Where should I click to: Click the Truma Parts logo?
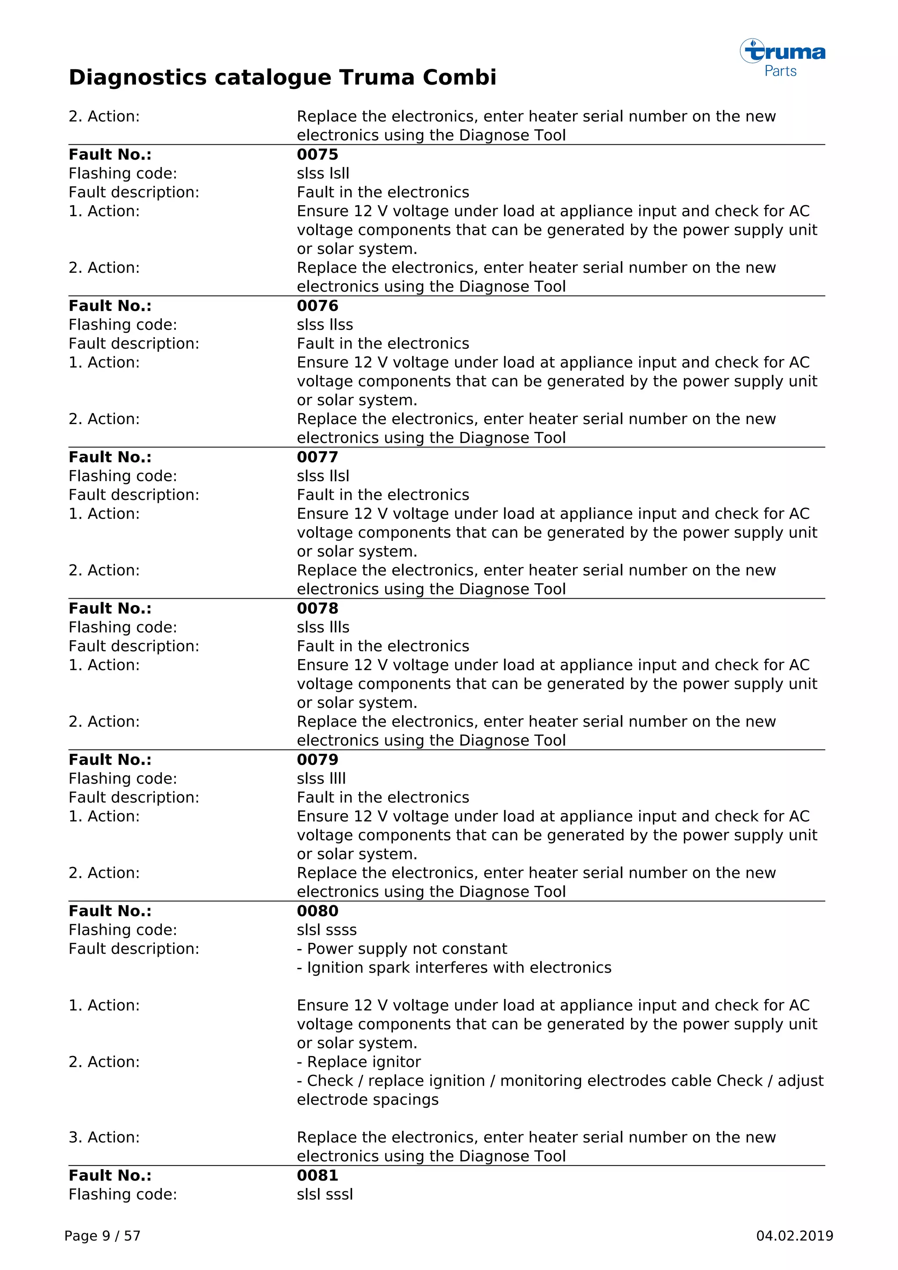pyautogui.click(x=782, y=57)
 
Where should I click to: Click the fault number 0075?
pyautogui.click(x=317, y=154)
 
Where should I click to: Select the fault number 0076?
pyautogui.click(x=317, y=306)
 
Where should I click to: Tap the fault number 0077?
pyautogui.click(x=317, y=457)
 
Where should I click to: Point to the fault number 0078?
pyautogui.click(x=317, y=608)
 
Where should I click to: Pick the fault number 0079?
pyautogui.click(x=317, y=760)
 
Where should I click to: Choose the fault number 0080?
pyautogui.click(x=317, y=911)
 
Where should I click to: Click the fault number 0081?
pyautogui.click(x=317, y=1175)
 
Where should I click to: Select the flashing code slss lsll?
pyautogui.click(x=323, y=173)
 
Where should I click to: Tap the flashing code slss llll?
pyautogui.click(x=321, y=778)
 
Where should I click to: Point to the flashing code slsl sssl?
pyautogui.click(x=324, y=1194)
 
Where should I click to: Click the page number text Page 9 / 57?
pyautogui.click(x=102, y=1236)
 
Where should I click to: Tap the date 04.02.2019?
pyautogui.click(x=794, y=1236)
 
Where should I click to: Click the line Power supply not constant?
pyautogui.click(x=402, y=949)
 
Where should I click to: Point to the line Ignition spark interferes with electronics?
pyautogui.click(x=454, y=967)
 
